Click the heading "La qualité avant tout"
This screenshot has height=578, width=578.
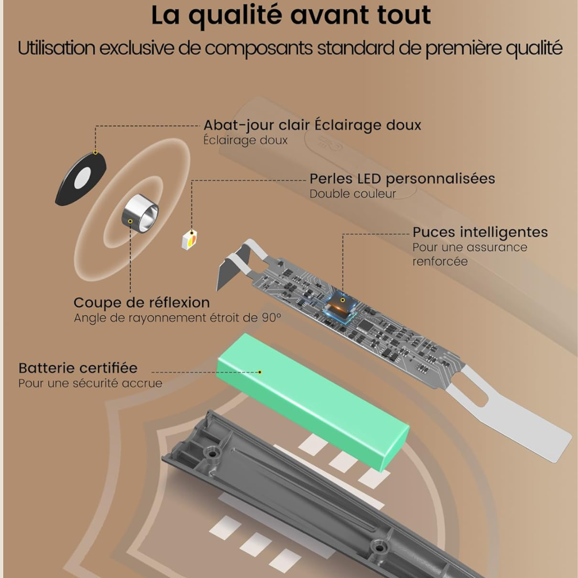[291, 16]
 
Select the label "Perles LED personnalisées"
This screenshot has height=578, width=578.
[402, 179]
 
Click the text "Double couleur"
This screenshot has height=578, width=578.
[353, 194]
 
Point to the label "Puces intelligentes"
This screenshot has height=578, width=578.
[480, 232]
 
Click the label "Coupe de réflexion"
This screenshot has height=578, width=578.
[141, 302]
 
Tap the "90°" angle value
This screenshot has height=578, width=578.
[271, 318]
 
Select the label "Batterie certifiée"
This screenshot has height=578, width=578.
[78, 368]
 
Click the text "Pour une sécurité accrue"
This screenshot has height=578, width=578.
[90, 383]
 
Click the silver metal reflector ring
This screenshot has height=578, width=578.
[140, 214]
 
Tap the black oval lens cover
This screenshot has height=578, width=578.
[81, 179]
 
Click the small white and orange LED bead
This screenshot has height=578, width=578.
[189, 239]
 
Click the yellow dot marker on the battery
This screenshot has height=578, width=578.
[260, 371]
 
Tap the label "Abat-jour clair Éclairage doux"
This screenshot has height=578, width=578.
[312, 125]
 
